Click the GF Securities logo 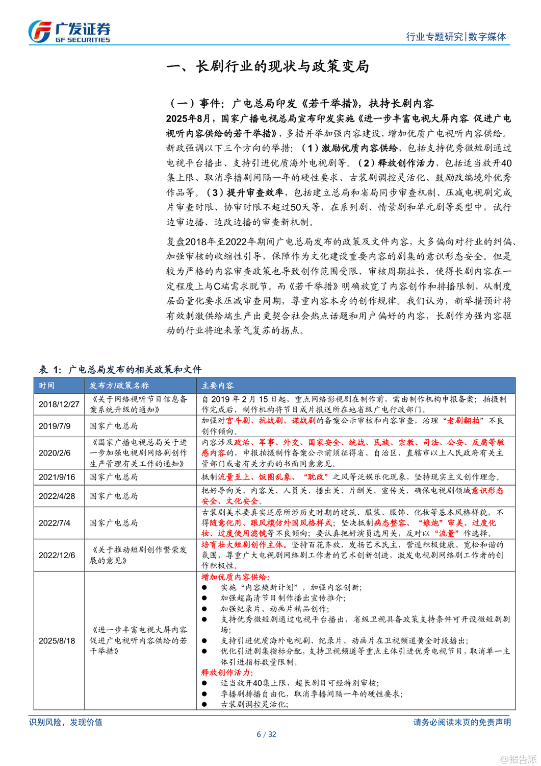click(x=69, y=32)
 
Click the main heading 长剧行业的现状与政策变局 click(x=268, y=67)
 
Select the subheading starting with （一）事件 click(x=301, y=104)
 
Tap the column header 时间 click(x=46, y=386)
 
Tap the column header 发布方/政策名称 click(x=119, y=386)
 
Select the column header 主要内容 click(x=218, y=386)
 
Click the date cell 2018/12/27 click(x=59, y=404)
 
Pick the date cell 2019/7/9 click(x=55, y=426)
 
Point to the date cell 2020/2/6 click(x=55, y=453)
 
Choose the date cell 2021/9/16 click(x=57, y=477)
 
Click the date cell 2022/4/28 click(x=57, y=496)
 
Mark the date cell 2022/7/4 click(x=55, y=523)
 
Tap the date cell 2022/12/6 click(x=57, y=555)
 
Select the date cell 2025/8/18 click(x=57, y=640)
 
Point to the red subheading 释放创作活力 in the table click(x=227, y=673)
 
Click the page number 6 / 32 click(x=266, y=734)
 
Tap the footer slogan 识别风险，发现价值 click(x=66, y=722)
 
